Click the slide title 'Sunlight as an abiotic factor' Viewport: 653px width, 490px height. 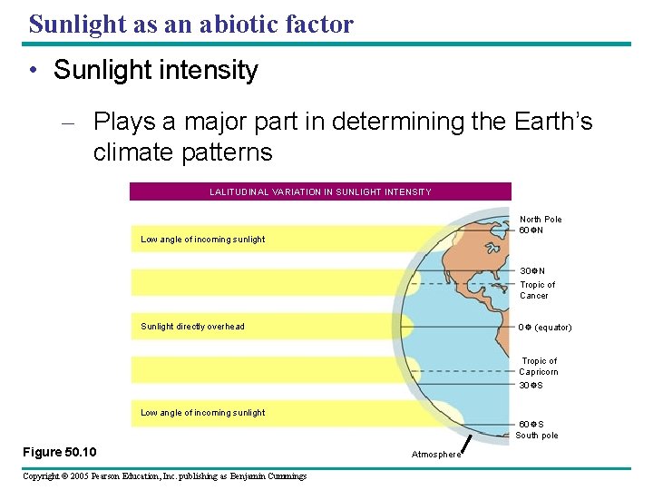coord(190,24)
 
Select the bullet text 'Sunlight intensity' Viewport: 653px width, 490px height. coord(155,71)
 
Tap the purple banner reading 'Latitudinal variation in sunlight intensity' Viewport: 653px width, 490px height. coord(320,191)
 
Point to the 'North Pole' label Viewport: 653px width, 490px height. coord(541,219)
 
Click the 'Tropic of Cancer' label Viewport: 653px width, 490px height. coord(537,289)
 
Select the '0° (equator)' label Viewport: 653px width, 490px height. coord(544,327)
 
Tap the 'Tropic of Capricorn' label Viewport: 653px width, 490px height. coord(539,366)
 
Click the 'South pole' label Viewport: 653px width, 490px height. coord(537,436)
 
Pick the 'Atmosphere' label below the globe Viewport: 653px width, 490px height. coord(435,455)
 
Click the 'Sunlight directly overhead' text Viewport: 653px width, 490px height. coord(192,327)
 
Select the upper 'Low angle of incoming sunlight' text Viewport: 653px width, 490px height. coord(203,240)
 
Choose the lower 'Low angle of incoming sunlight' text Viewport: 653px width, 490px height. coord(203,413)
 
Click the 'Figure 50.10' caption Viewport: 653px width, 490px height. coord(60,452)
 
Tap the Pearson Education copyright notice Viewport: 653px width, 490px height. coord(164,476)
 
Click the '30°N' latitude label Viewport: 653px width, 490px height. coord(531,271)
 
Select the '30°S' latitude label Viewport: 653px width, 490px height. coord(531,385)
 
